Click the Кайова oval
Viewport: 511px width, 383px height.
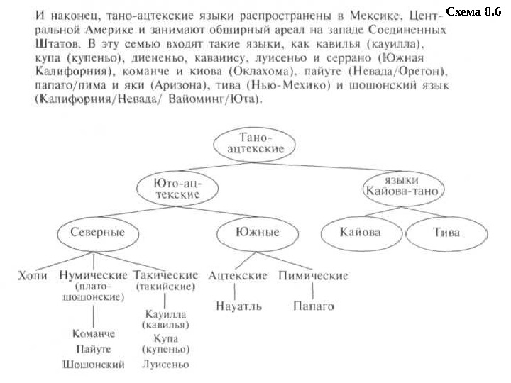coord(361,232)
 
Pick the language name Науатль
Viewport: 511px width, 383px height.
coord(238,306)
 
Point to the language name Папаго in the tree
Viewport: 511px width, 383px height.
coord(314,306)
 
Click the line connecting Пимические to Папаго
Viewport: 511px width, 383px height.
coord(313,291)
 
